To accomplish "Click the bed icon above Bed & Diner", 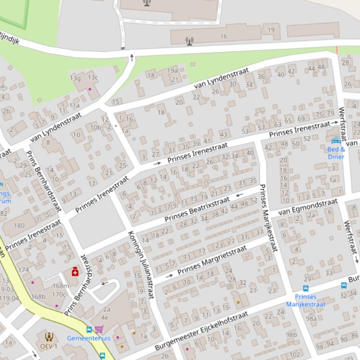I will pyautogui.click(x=336, y=140).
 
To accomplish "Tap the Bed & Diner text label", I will pyautogui.click(x=336, y=153).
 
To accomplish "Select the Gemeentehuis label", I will pyautogui.click(x=89, y=338).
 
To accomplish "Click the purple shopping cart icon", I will pyautogui.click(x=99, y=330).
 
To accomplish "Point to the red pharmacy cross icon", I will pyautogui.click(x=75, y=272).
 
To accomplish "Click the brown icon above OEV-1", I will pyautogui.click(x=49, y=336).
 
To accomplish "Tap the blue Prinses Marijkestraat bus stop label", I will pyautogui.click(x=305, y=300).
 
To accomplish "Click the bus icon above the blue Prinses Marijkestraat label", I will pyautogui.click(x=306, y=288).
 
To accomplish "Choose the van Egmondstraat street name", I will pyautogui.click(x=308, y=207).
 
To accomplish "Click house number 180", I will pyautogui.click(x=19, y=225).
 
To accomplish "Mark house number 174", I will pyautogui.click(x=23, y=270).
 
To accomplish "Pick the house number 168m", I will pyautogui.click(x=60, y=286).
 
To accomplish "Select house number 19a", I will pyautogui.click(x=173, y=71).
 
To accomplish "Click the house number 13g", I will pyautogui.click(x=75, y=78).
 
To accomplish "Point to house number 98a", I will pyautogui.click(x=311, y=318).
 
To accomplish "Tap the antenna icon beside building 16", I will pyautogui.click(x=189, y=41).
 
